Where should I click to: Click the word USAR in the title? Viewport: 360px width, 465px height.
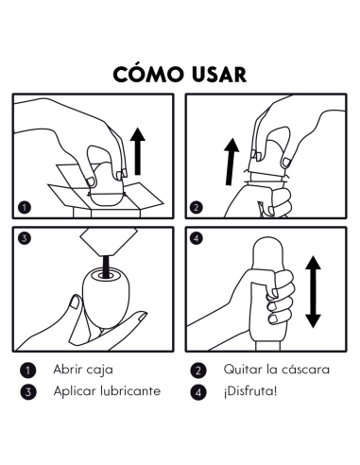(x=216, y=74)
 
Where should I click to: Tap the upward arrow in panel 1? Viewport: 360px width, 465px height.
(x=140, y=151)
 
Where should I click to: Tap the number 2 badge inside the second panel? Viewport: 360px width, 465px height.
(x=197, y=206)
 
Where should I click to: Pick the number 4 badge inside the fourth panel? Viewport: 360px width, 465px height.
(x=197, y=237)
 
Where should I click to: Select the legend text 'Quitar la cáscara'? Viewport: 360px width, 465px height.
(x=275, y=370)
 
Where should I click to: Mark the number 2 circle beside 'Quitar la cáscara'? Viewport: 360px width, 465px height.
(x=198, y=370)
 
